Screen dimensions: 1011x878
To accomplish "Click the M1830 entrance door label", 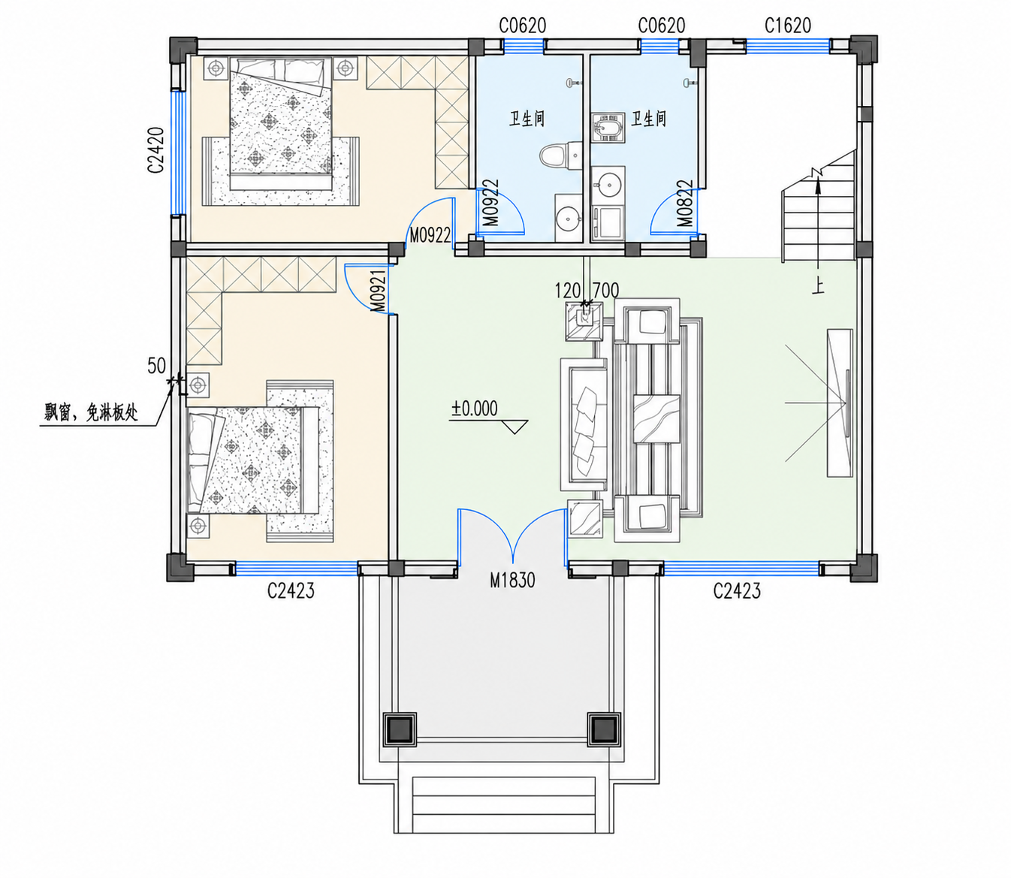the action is pyautogui.click(x=512, y=580).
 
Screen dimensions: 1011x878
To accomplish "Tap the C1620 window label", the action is pyautogui.click(x=788, y=26).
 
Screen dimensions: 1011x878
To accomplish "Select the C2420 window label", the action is pyautogui.click(x=156, y=150).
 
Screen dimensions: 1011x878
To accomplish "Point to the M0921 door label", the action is pyautogui.click(x=379, y=291).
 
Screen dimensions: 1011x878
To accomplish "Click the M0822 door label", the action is pyautogui.click(x=685, y=203).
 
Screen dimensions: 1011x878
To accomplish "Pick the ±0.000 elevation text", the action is pyautogui.click(x=475, y=409).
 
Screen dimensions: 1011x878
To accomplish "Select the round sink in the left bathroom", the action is pyautogui.click(x=568, y=217).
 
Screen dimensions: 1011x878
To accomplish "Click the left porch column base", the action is pyautogui.click(x=400, y=729).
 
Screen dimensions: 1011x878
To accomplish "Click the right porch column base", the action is pyautogui.click(x=604, y=729).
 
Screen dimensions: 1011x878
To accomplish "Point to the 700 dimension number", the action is pyautogui.click(x=605, y=291).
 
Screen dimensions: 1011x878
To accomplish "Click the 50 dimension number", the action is pyautogui.click(x=157, y=366).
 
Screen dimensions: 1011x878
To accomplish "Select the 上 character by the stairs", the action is pyautogui.click(x=819, y=287).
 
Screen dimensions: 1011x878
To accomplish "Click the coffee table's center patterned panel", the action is pyautogui.click(x=656, y=418).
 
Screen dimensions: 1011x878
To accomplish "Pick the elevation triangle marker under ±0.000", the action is pyautogui.click(x=515, y=427).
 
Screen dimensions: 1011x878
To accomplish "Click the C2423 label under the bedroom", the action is pyautogui.click(x=291, y=590).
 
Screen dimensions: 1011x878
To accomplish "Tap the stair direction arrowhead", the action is pyautogui.click(x=818, y=186).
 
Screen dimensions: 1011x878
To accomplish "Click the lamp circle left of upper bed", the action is pyautogui.click(x=216, y=68).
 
